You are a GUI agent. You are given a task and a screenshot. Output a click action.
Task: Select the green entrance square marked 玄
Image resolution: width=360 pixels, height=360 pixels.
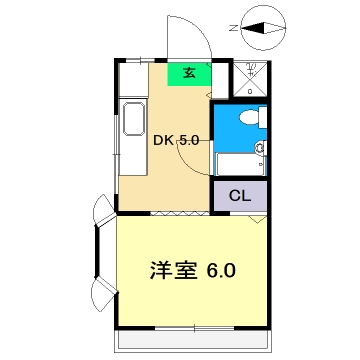[189, 72]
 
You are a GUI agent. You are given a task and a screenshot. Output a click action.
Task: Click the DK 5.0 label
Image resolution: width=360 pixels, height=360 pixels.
[175, 140]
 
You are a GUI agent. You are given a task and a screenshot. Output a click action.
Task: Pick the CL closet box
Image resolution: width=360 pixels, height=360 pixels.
[238, 195]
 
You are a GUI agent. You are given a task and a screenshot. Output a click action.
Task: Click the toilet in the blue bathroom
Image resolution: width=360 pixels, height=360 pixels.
[250, 119]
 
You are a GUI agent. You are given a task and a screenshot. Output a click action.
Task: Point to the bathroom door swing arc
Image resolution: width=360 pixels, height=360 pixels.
[197, 140]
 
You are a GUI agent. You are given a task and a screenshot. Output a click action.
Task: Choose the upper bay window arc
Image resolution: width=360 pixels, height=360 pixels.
[102, 211]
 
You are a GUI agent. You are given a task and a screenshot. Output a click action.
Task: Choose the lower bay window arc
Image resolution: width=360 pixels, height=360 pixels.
[102, 295]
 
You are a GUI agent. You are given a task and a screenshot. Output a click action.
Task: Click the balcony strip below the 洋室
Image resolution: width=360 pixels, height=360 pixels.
[192, 341]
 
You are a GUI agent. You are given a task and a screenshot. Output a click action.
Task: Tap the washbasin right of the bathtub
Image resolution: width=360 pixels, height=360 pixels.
[261, 152]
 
